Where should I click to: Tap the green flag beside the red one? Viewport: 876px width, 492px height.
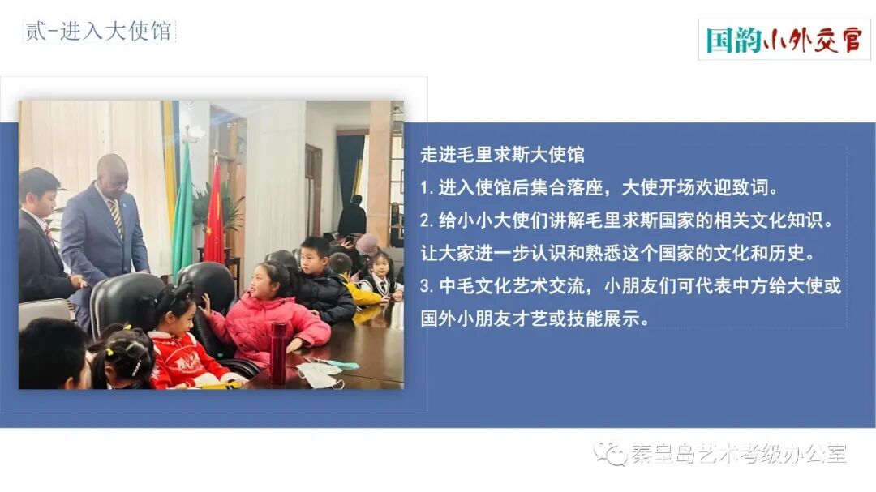pos(182,215)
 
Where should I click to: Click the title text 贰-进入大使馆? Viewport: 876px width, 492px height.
pos(98,32)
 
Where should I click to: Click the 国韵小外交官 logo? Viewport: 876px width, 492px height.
pos(784,40)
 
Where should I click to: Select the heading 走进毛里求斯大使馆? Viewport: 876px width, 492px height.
pos(502,154)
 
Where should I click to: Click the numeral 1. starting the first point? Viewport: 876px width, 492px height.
pos(427,188)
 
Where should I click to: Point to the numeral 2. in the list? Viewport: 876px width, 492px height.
pos(428,220)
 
